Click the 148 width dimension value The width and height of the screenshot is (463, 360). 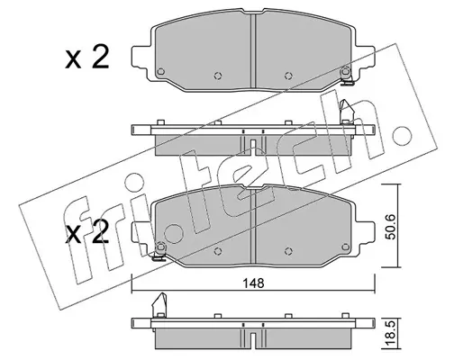[x=254, y=283]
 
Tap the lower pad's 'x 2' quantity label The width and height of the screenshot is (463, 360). [x=86, y=233]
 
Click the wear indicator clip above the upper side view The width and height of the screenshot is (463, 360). [x=346, y=112]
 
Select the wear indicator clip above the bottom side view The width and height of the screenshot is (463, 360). [x=159, y=305]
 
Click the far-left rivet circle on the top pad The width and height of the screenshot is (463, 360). [x=161, y=71]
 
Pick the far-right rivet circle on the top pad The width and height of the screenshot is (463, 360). [x=346, y=71]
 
